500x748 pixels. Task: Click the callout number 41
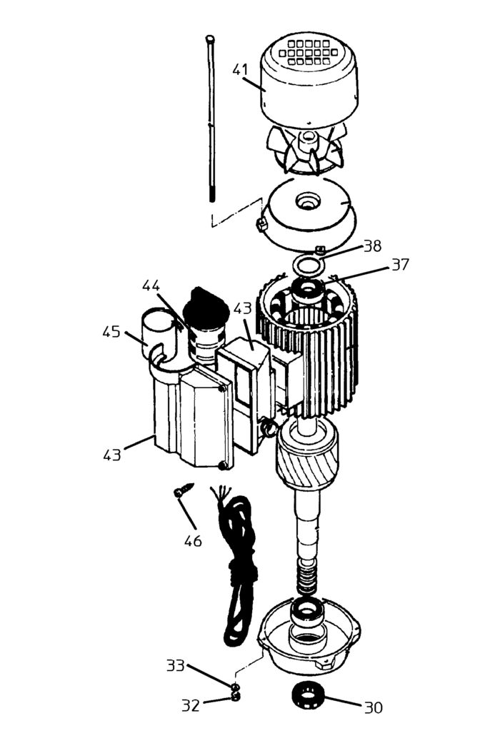click(x=240, y=70)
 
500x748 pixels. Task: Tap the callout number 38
click(x=372, y=246)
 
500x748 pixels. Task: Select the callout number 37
click(x=399, y=265)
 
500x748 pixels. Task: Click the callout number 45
click(x=111, y=333)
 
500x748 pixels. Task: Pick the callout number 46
click(x=193, y=540)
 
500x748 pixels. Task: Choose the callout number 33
click(x=176, y=666)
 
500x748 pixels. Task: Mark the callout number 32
click(x=190, y=705)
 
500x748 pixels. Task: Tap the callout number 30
click(x=373, y=707)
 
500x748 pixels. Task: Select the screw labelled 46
click(x=183, y=491)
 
